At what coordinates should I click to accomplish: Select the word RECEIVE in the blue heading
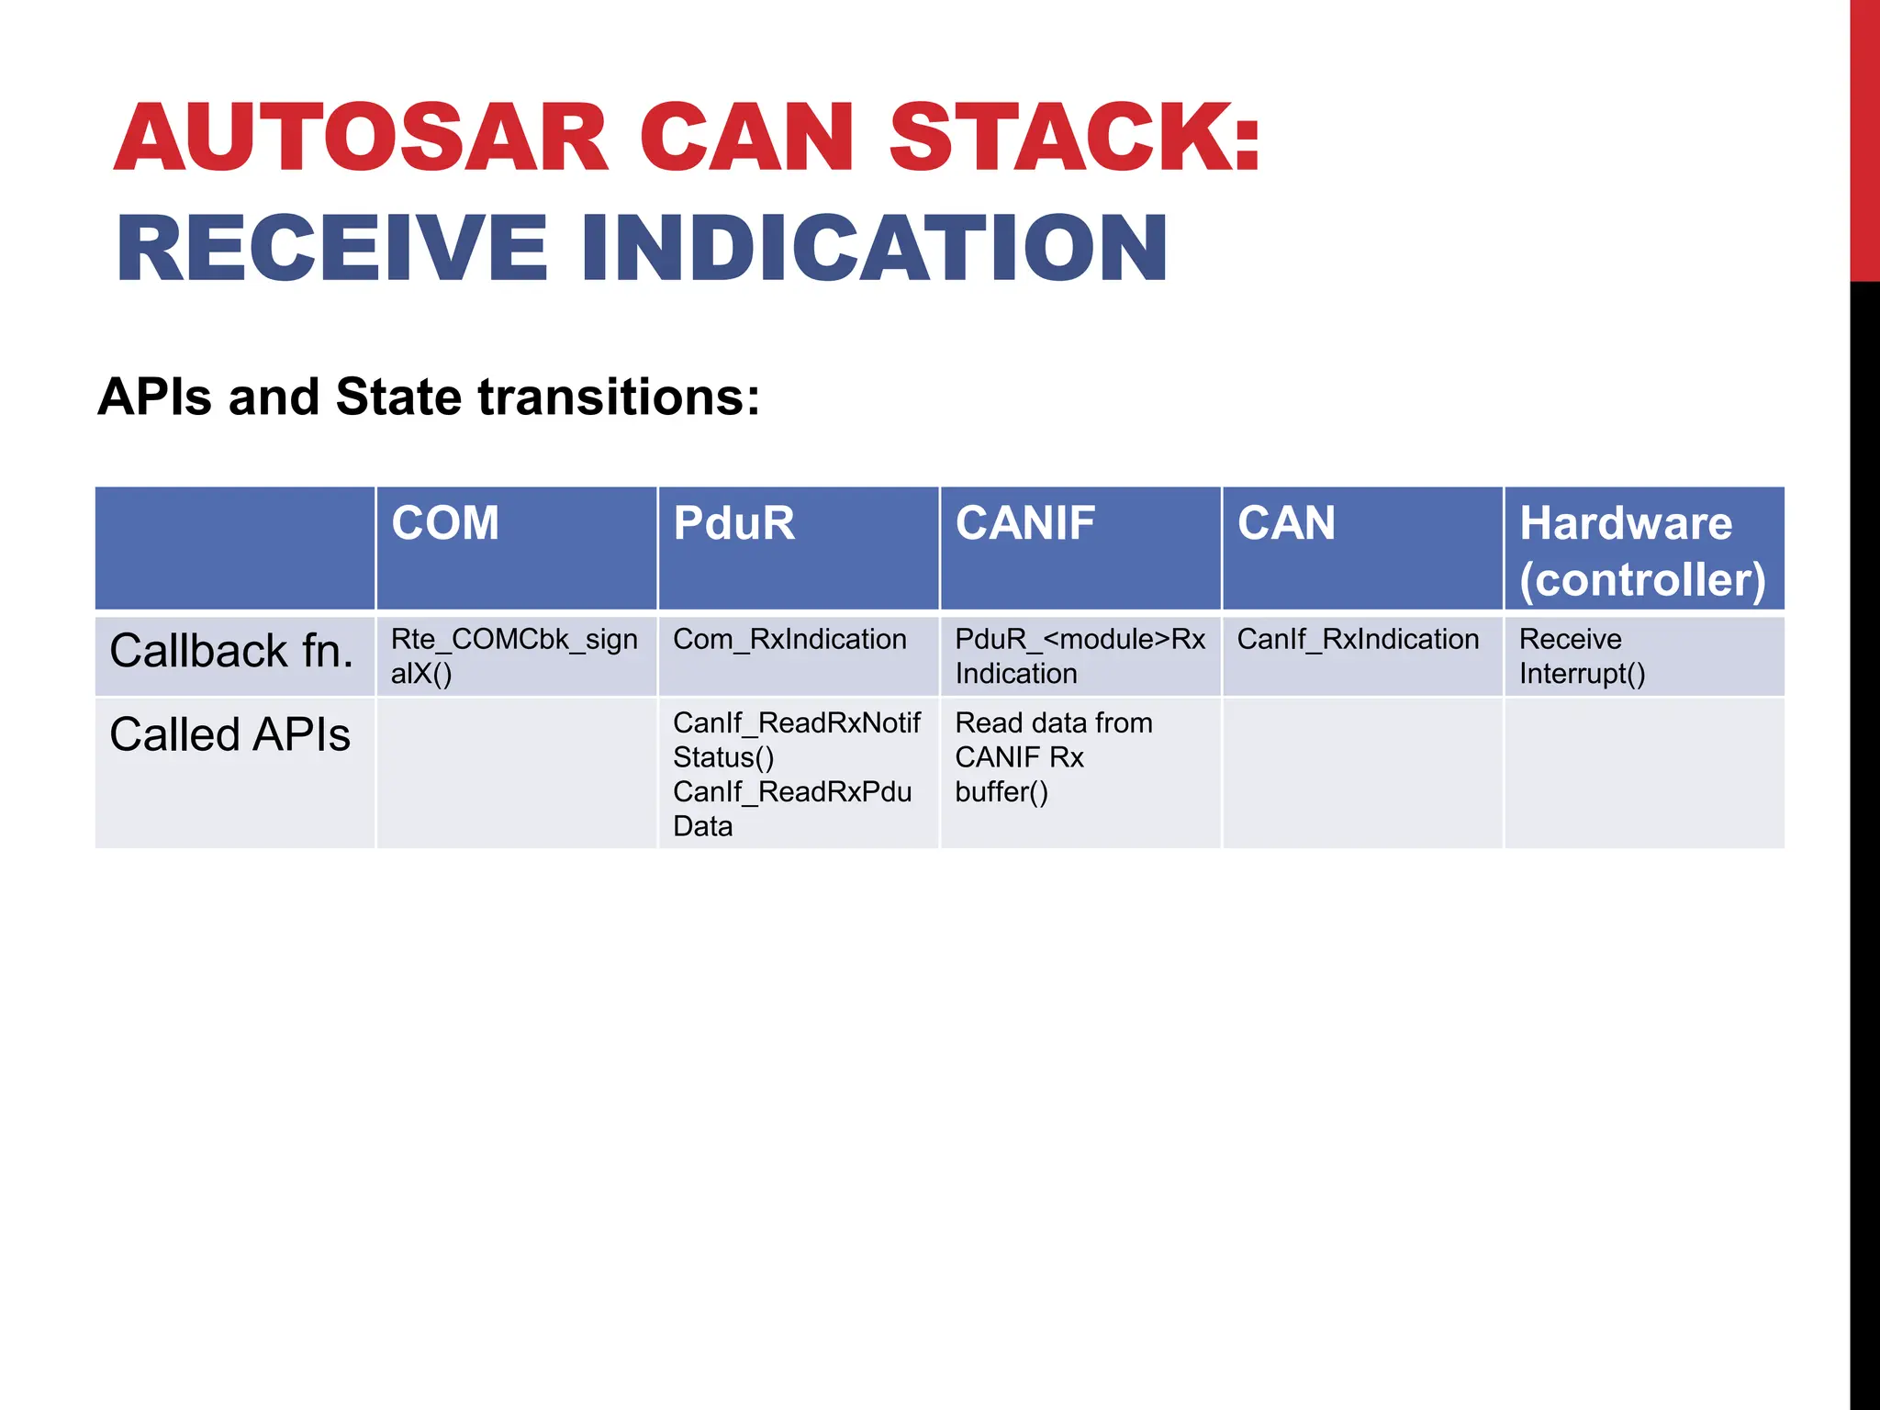[332, 248]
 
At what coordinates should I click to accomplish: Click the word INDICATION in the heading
[875, 248]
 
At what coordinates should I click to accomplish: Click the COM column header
[445, 524]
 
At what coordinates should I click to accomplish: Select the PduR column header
[733, 524]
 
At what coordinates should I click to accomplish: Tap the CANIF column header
[1024, 524]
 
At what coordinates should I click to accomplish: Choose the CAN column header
[1286, 524]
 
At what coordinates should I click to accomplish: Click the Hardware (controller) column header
[1641, 551]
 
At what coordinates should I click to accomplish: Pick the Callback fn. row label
[231, 651]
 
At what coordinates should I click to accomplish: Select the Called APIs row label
[229, 734]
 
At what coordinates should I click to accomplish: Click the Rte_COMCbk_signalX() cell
[514, 655]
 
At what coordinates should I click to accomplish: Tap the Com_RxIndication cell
[789, 639]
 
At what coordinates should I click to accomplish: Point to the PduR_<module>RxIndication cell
[1080, 655]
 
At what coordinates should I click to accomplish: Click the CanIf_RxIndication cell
[1358, 639]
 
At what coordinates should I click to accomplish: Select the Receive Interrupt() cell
[1582, 655]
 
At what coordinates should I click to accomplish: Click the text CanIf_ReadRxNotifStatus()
[796, 740]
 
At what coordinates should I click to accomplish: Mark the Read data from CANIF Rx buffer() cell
[1053, 757]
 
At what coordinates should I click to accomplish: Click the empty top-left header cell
[235, 548]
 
